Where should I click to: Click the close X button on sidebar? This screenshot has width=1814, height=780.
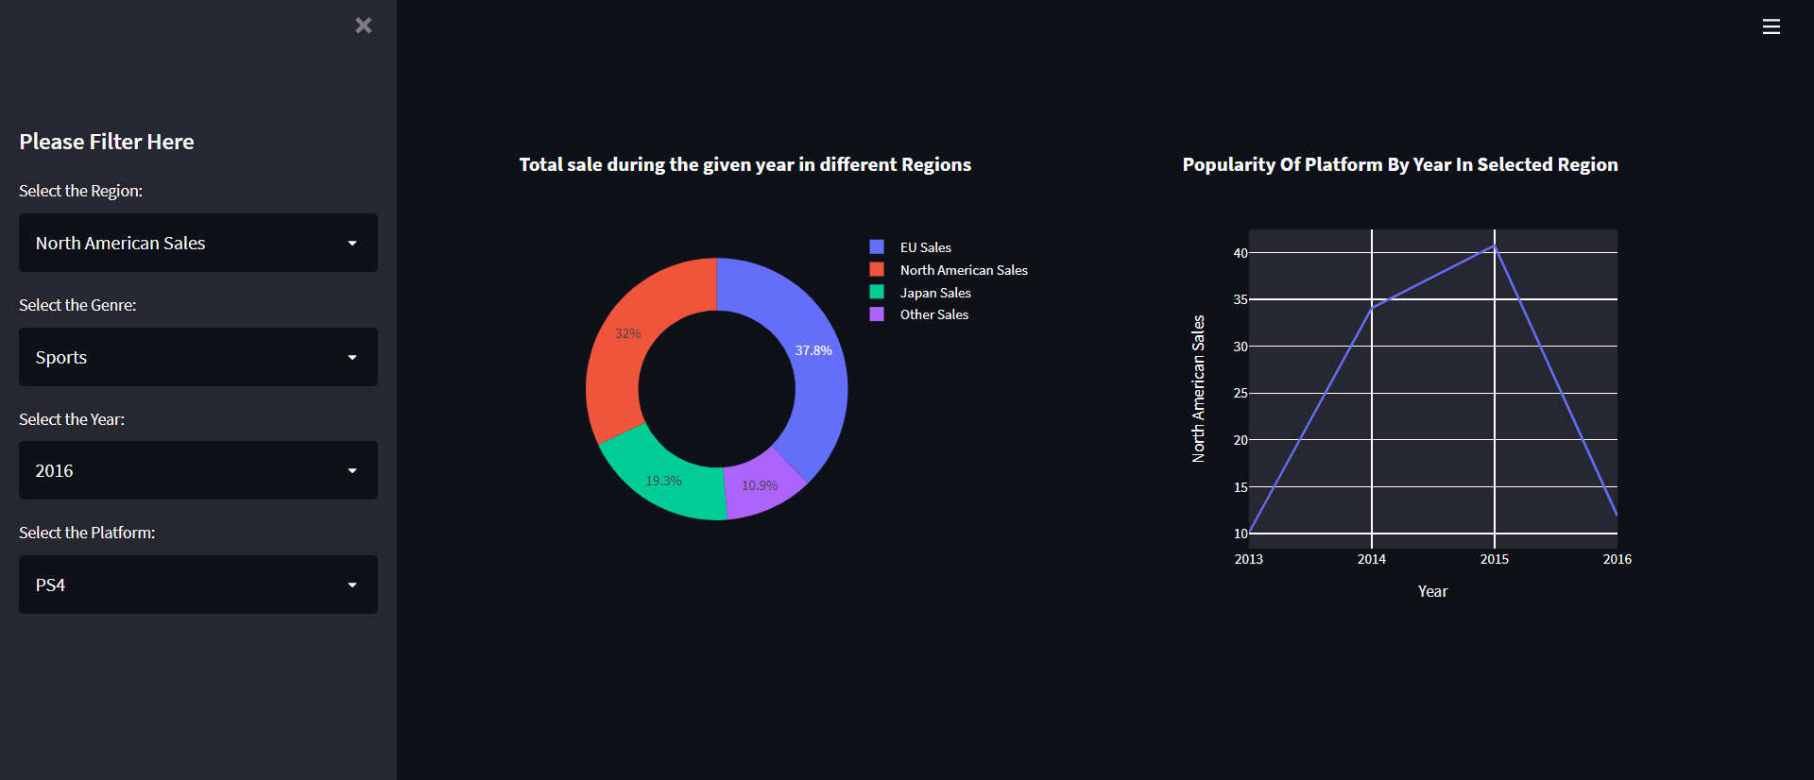(x=363, y=25)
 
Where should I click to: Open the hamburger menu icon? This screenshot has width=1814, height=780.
(x=1771, y=26)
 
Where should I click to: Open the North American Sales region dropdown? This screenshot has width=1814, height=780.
(x=198, y=243)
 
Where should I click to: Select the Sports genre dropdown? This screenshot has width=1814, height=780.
(x=198, y=357)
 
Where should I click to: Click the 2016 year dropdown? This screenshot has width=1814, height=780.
(x=198, y=470)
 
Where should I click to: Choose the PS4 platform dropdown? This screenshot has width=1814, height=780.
(x=198, y=585)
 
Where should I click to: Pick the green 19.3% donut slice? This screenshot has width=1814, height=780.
(x=661, y=482)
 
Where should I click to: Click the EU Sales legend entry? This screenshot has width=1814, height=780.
(x=924, y=247)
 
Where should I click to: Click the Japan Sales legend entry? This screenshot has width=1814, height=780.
(x=934, y=293)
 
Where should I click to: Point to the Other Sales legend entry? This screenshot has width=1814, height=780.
(x=933, y=314)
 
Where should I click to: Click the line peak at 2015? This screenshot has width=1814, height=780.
(x=1495, y=246)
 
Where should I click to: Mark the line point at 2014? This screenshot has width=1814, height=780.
(x=1372, y=307)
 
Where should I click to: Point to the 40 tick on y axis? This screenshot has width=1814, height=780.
(x=1241, y=253)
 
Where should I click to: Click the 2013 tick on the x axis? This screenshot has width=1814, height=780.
(x=1249, y=559)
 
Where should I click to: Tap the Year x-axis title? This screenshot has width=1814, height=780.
(x=1432, y=591)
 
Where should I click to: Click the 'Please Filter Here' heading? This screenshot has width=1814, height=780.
(x=107, y=142)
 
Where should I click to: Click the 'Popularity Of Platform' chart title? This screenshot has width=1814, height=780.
(x=1399, y=164)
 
